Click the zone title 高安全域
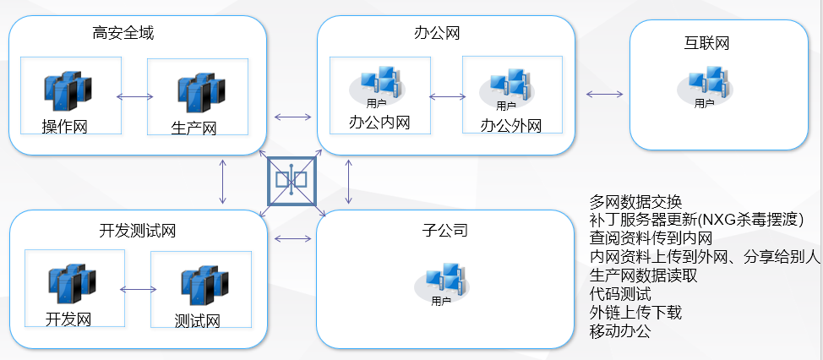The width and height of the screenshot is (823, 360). tap(123, 34)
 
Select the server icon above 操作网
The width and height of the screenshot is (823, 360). tap(68, 90)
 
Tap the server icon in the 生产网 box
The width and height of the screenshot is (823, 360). tap(200, 92)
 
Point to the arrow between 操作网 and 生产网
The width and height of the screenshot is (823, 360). tap(134, 96)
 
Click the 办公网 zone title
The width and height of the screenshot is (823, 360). tap(437, 34)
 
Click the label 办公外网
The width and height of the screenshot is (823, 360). tap(510, 126)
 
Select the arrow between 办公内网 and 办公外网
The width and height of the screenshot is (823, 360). tap(446, 96)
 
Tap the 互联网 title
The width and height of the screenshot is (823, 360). tap(706, 43)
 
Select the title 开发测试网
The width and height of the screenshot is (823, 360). tap(137, 231)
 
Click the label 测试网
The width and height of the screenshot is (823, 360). tap(197, 321)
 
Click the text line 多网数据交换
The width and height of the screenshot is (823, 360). tap(635, 202)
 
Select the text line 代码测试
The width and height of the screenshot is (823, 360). tap(619, 294)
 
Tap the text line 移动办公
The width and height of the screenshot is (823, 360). tap(619, 330)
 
